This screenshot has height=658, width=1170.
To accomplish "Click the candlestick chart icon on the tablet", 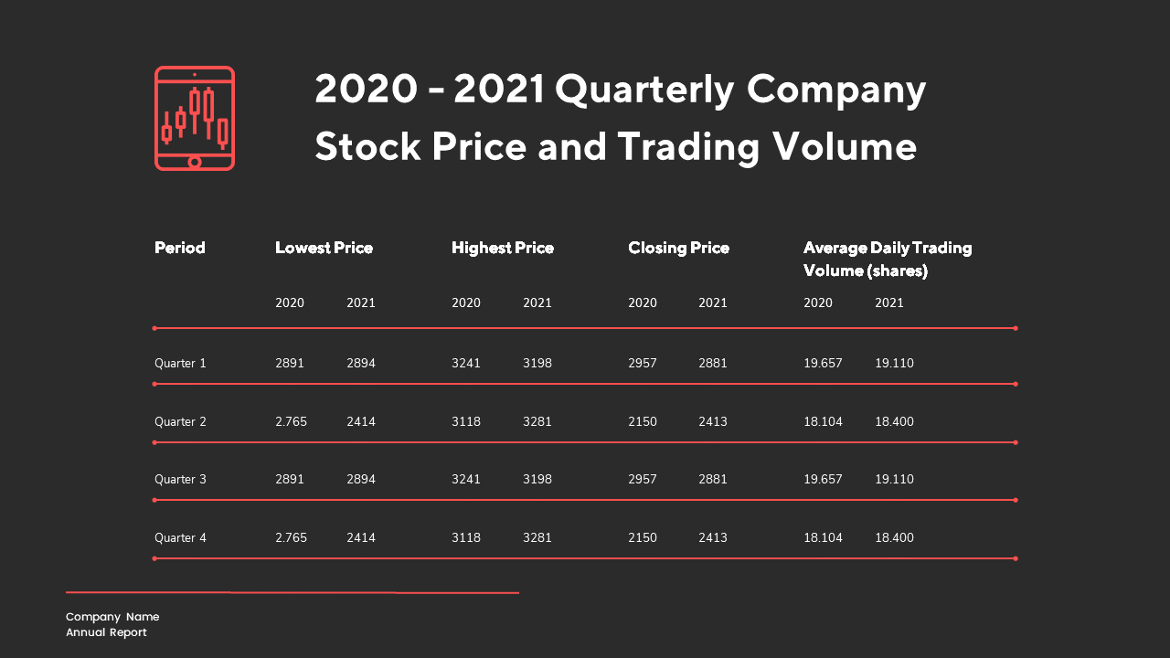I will coord(195,118).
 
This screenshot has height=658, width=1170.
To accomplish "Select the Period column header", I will coord(180,248).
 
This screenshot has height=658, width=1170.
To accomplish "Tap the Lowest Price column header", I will coord(324,248).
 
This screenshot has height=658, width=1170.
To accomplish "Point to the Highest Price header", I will coord(503,248).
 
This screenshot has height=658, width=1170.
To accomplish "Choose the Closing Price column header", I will coord(678,248).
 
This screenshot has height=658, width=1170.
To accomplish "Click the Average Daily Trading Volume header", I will coord(887,259).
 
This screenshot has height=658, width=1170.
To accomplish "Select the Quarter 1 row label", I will coord(180,364).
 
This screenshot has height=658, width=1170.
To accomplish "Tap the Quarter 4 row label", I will coord(180,538).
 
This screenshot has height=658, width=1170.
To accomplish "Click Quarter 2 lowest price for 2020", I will coord(291,422).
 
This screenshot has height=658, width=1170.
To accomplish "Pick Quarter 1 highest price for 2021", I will coord(537,364).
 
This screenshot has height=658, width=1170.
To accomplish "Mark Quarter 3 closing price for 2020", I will coord(643,480).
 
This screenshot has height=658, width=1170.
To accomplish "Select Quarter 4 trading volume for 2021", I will coord(894,538).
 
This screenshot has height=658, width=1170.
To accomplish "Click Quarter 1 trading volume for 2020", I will coord(823,364).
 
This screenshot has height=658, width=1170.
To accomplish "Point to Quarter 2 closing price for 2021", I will coord(713,422).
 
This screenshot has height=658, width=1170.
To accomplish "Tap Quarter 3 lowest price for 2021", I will coord(361,480).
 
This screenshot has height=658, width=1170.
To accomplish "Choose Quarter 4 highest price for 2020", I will coord(466,538).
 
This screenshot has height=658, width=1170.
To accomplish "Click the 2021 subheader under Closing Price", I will coord(713,303).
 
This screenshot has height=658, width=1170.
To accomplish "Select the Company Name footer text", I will coord(112,617).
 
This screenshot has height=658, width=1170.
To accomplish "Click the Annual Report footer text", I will coord(106,632).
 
